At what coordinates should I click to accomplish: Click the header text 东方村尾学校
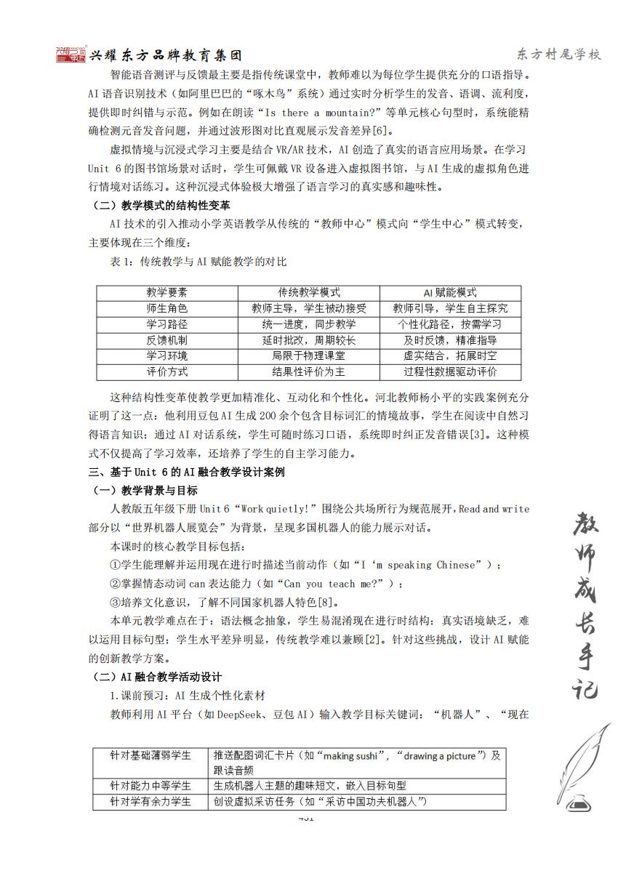point(559,55)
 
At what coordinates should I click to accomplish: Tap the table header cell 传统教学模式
point(309,292)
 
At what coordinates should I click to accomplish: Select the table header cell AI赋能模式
point(451,292)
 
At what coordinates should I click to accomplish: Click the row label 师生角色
point(167,308)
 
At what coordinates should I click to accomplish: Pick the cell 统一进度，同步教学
point(309,324)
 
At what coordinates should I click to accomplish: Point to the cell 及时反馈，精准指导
point(451,340)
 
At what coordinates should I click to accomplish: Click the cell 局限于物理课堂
point(309,356)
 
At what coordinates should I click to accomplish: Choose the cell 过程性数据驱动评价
point(451,372)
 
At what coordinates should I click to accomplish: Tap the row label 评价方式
point(167,372)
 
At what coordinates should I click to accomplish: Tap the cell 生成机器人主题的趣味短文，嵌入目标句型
point(310,786)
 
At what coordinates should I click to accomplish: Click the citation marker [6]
point(385,132)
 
